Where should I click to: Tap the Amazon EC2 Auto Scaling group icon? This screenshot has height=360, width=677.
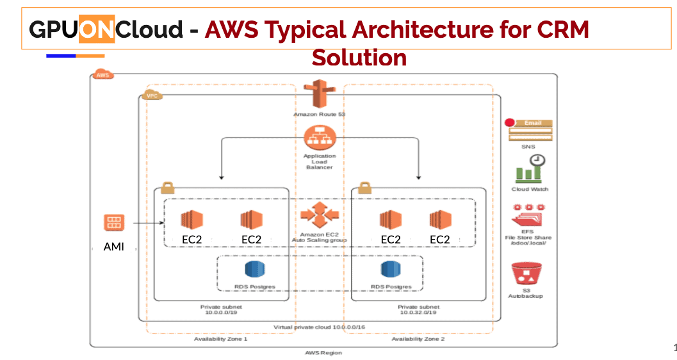click(x=318, y=214)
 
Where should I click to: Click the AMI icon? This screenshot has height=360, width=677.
click(x=114, y=223)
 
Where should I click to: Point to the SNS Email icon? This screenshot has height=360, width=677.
click(x=530, y=129)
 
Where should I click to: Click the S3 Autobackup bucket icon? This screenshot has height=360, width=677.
click(x=525, y=274)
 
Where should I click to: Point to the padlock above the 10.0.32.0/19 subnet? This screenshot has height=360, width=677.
click(x=364, y=188)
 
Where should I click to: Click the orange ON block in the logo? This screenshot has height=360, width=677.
click(x=97, y=29)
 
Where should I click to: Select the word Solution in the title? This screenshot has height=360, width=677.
click(x=359, y=58)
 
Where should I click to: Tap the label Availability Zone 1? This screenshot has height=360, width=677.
click(x=220, y=338)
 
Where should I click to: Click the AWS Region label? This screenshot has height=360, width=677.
click(x=323, y=352)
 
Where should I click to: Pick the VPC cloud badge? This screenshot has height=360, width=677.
click(x=152, y=95)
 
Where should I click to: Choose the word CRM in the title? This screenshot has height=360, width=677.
click(x=561, y=29)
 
